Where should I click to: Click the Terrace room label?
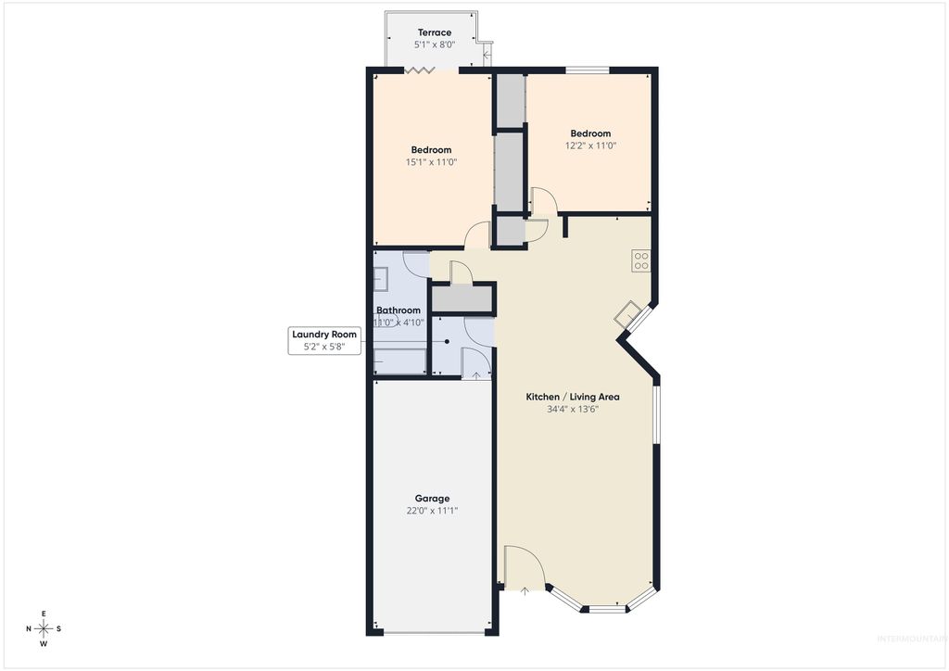tap(434, 32)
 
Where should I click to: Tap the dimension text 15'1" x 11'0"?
tap(431, 162)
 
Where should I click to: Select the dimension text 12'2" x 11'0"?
tap(590, 146)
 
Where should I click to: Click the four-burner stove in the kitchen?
tap(640, 260)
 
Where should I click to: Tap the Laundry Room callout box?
tap(323, 340)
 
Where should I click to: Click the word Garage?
tap(432, 498)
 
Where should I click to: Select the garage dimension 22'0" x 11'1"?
tap(432, 510)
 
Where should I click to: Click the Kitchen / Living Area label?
tap(573, 397)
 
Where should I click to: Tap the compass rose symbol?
tap(44, 628)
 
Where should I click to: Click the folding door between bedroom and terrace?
tap(422, 70)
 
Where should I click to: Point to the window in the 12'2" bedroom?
tap(588, 70)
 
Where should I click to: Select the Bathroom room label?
tap(399, 310)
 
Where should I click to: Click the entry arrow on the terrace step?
tap(487, 55)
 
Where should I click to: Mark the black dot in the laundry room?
tap(448, 342)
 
